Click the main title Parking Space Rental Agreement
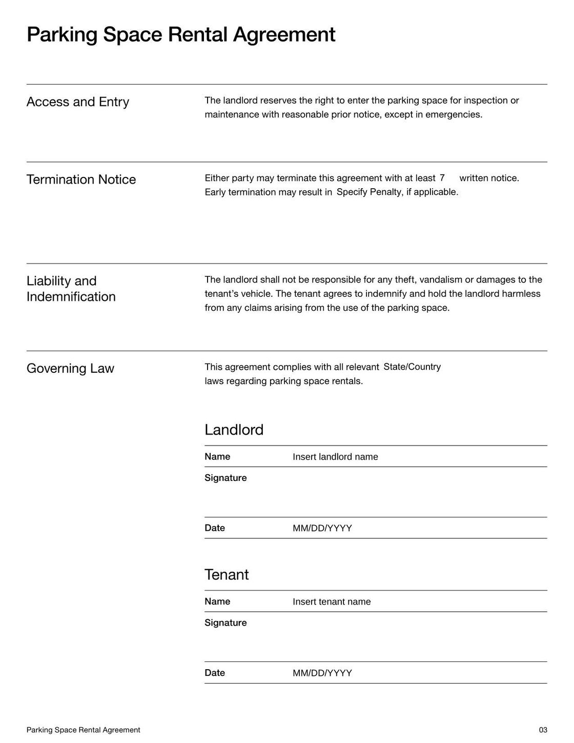(x=181, y=35)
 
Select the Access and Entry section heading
(x=77, y=102)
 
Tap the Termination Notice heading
(x=81, y=179)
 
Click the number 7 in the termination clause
(x=442, y=178)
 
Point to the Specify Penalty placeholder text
(x=397, y=192)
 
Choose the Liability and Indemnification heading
(x=71, y=289)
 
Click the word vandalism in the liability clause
(x=440, y=279)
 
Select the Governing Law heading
(x=70, y=369)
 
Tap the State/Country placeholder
(x=412, y=367)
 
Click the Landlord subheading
(x=234, y=430)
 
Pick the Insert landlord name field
(x=335, y=457)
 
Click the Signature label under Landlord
(x=225, y=478)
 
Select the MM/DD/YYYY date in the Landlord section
(x=322, y=528)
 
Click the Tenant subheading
(x=227, y=574)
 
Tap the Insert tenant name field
(x=332, y=601)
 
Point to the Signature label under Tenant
(x=225, y=622)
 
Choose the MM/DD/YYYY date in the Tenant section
(x=322, y=673)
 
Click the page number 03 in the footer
(x=543, y=730)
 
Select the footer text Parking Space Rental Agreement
(x=83, y=730)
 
